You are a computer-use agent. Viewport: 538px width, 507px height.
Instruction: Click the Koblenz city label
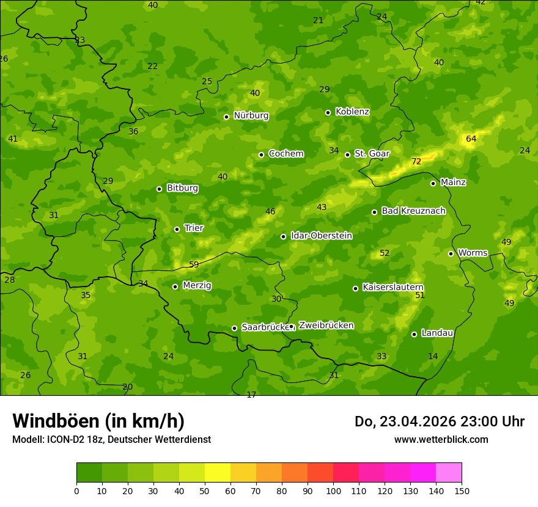pos(352,112)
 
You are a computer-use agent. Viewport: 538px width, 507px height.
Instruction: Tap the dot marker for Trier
pos(177,229)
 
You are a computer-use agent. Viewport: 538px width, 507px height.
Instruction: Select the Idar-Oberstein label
pos(321,236)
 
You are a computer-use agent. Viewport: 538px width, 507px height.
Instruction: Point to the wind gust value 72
pos(416,162)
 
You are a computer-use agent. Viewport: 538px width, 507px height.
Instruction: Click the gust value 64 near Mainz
pos(471,139)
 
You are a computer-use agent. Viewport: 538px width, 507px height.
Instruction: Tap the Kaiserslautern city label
pos(393,287)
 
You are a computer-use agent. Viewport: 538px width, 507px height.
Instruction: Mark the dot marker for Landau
pos(415,334)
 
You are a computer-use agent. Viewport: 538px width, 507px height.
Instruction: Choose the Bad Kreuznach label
pos(413,211)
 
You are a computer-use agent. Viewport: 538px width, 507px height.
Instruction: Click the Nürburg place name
pos(251,115)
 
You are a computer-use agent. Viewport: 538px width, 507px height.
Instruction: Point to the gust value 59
pos(194,265)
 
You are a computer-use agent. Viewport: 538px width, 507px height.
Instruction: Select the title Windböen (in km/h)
pos(98,421)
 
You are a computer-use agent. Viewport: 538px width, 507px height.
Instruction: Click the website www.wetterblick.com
pos(441,439)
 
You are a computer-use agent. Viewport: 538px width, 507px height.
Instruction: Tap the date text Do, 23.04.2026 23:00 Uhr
pos(439,421)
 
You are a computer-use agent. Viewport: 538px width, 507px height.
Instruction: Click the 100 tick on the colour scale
pos(333,491)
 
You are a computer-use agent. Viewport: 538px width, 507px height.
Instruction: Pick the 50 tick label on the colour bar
pos(205,491)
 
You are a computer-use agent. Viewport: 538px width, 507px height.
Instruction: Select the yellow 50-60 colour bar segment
pos(218,473)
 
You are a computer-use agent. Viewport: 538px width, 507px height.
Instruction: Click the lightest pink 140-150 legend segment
pos(449,473)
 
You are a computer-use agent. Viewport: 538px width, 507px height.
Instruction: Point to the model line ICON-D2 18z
pos(111,439)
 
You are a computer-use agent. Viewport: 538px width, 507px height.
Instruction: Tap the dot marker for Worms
pos(451,253)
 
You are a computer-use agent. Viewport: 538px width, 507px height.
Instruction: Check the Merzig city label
pos(197,285)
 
